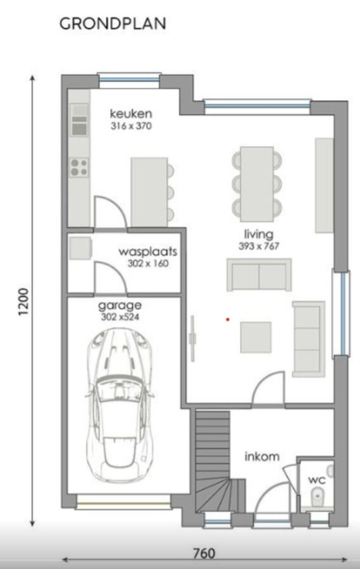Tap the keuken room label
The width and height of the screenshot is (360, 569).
point(131,114)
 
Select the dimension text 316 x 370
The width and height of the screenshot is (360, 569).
point(131,126)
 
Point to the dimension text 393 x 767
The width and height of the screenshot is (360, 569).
point(259,246)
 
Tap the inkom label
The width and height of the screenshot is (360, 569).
point(263,456)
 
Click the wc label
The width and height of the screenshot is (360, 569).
point(316,480)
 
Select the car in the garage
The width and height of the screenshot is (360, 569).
point(121,405)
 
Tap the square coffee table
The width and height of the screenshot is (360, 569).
point(256,337)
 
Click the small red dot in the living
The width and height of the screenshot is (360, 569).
point(227,319)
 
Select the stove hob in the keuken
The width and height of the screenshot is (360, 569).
point(78,167)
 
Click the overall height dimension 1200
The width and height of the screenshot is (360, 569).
point(23,304)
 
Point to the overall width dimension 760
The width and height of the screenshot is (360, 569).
point(204,553)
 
